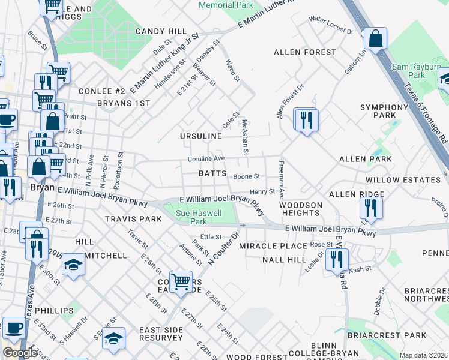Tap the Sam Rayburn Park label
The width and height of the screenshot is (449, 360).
(x=417, y=71)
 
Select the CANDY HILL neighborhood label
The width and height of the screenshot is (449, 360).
(x=161, y=31)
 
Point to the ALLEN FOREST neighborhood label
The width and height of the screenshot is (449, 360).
(x=305, y=53)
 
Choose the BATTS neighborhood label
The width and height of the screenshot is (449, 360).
(x=212, y=173)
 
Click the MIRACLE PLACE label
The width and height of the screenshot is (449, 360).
(x=273, y=246)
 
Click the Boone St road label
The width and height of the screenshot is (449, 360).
(x=246, y=176)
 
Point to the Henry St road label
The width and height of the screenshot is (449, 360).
(x=262, y=191)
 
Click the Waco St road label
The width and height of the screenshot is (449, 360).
(x=232, y=70)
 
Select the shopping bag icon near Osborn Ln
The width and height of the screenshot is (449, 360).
(x=375, y=39)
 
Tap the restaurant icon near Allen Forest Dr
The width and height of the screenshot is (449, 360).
(x=306, y=120)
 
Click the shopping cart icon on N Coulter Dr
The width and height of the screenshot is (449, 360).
(x=180, y=281)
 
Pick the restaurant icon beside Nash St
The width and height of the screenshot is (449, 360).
(x=336, y=260)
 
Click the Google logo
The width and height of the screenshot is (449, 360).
(x=20, y=353)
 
